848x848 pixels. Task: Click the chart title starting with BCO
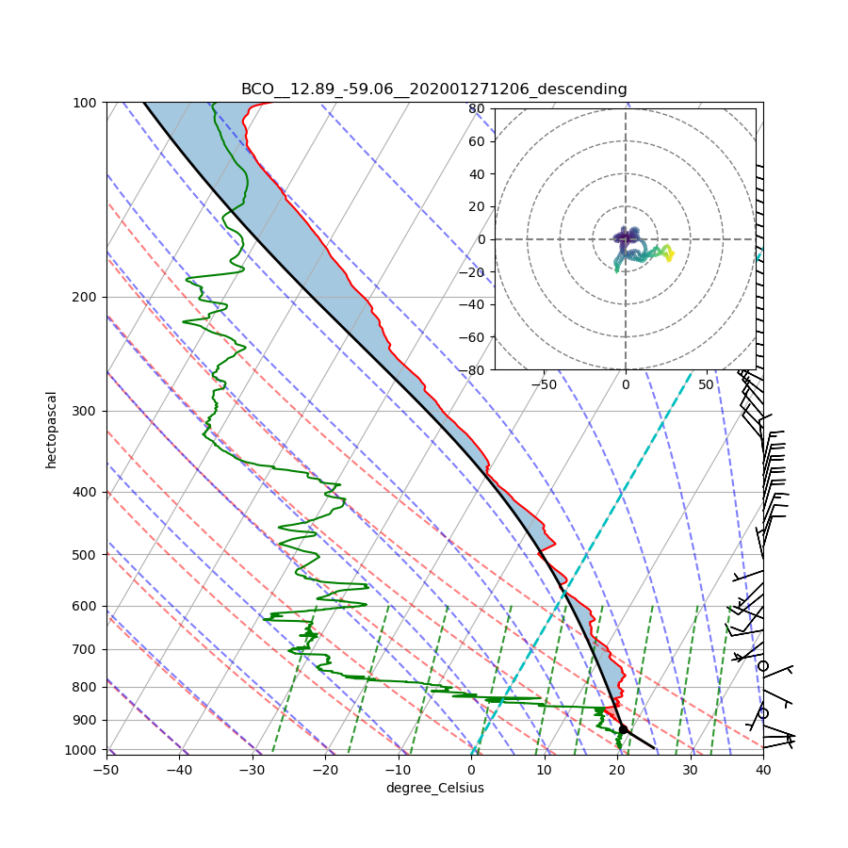click(x=433, y=90)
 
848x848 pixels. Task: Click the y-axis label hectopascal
click(x=51, y=430)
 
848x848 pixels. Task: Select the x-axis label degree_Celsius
click(x=434, y=788)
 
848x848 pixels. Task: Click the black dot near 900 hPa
click(x=623, y=729)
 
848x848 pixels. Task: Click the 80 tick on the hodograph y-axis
click(x=477, y=108)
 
